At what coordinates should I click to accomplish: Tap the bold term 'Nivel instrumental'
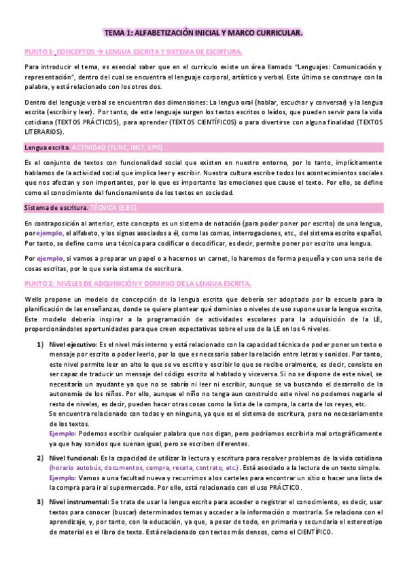tap(77, 502)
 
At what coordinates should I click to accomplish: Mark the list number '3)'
tap(40, 502)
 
